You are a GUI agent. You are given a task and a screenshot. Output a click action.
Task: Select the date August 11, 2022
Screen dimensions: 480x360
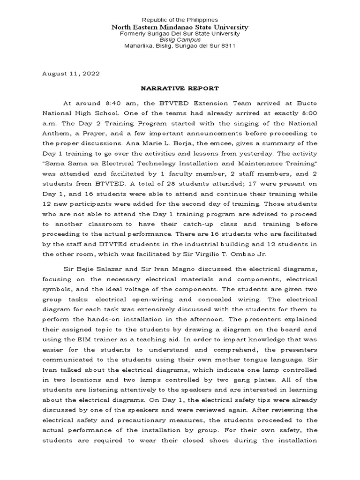point(71,74)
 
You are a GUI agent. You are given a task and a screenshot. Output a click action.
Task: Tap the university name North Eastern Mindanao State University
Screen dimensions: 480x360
point(180,27)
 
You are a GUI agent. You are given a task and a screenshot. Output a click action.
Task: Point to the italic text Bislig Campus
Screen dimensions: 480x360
point(180,40)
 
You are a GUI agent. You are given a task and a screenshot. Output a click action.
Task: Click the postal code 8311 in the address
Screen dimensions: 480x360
point(227,46)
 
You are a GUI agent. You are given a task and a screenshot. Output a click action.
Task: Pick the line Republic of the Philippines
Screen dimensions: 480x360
point(180,20)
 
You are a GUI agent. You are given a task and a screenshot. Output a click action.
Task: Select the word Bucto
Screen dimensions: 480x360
point(303,103)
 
